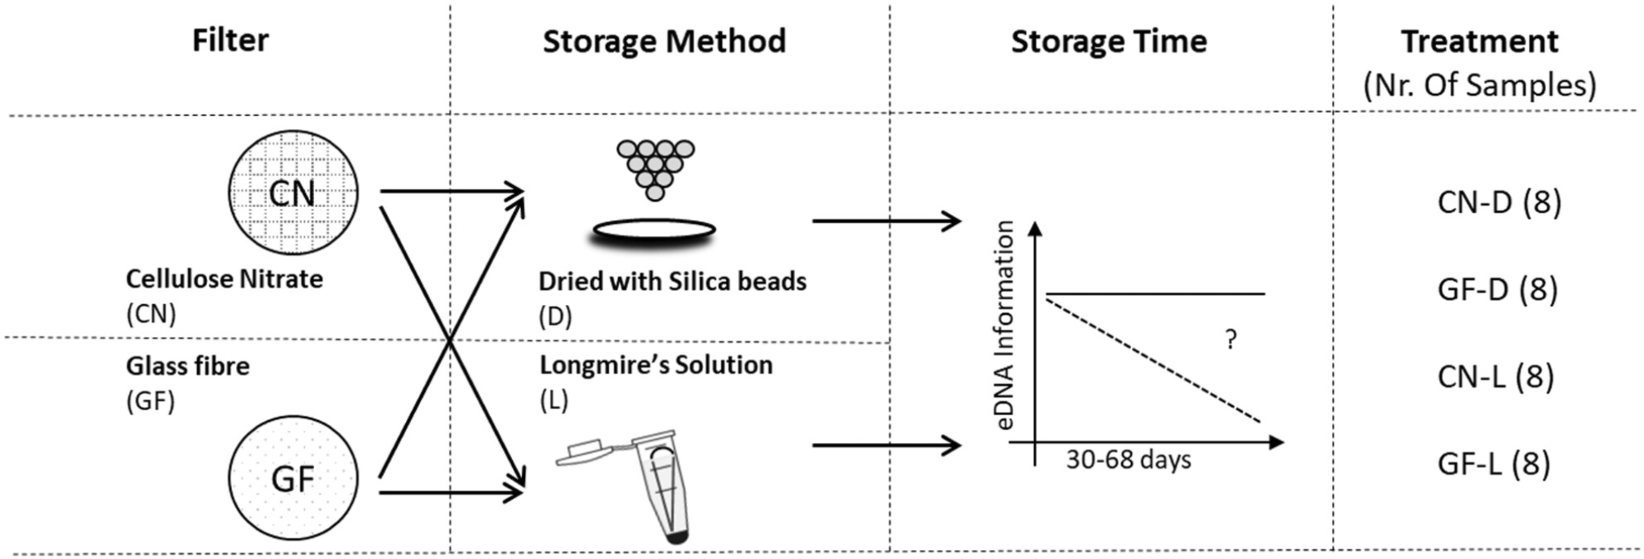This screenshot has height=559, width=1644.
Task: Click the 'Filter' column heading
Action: click(x=230, y=40)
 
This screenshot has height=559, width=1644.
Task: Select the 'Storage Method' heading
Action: click(x=664, y=41)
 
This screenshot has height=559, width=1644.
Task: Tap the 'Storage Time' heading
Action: click(x=1109, y=41)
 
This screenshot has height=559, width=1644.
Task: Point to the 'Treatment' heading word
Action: click(x=1480, y=41)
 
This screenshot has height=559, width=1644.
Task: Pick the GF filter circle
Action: click(x=293, y=478)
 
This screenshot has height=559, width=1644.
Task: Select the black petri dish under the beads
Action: click(x=654, y=232)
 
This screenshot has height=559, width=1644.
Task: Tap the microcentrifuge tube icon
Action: click(x=658, y=485)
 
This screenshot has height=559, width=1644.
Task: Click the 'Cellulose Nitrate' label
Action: click(x=224, y=279)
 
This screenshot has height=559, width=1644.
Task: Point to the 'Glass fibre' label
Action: click(x=187, y=366)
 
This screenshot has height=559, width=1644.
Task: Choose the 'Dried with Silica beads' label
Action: click(x=672, y=282)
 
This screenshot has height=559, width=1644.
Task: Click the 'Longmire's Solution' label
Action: click(x=656, y=365)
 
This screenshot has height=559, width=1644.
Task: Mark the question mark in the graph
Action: click(x=1231, y=340)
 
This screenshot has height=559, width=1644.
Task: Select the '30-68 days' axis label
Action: click(x=1129, y=460)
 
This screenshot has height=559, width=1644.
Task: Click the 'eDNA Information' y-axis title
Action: click(x=1004, y=326)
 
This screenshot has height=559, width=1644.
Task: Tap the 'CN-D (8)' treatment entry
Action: click(x=1499, y=202)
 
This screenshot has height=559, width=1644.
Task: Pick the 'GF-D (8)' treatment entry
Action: click(x=1498, y=289)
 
